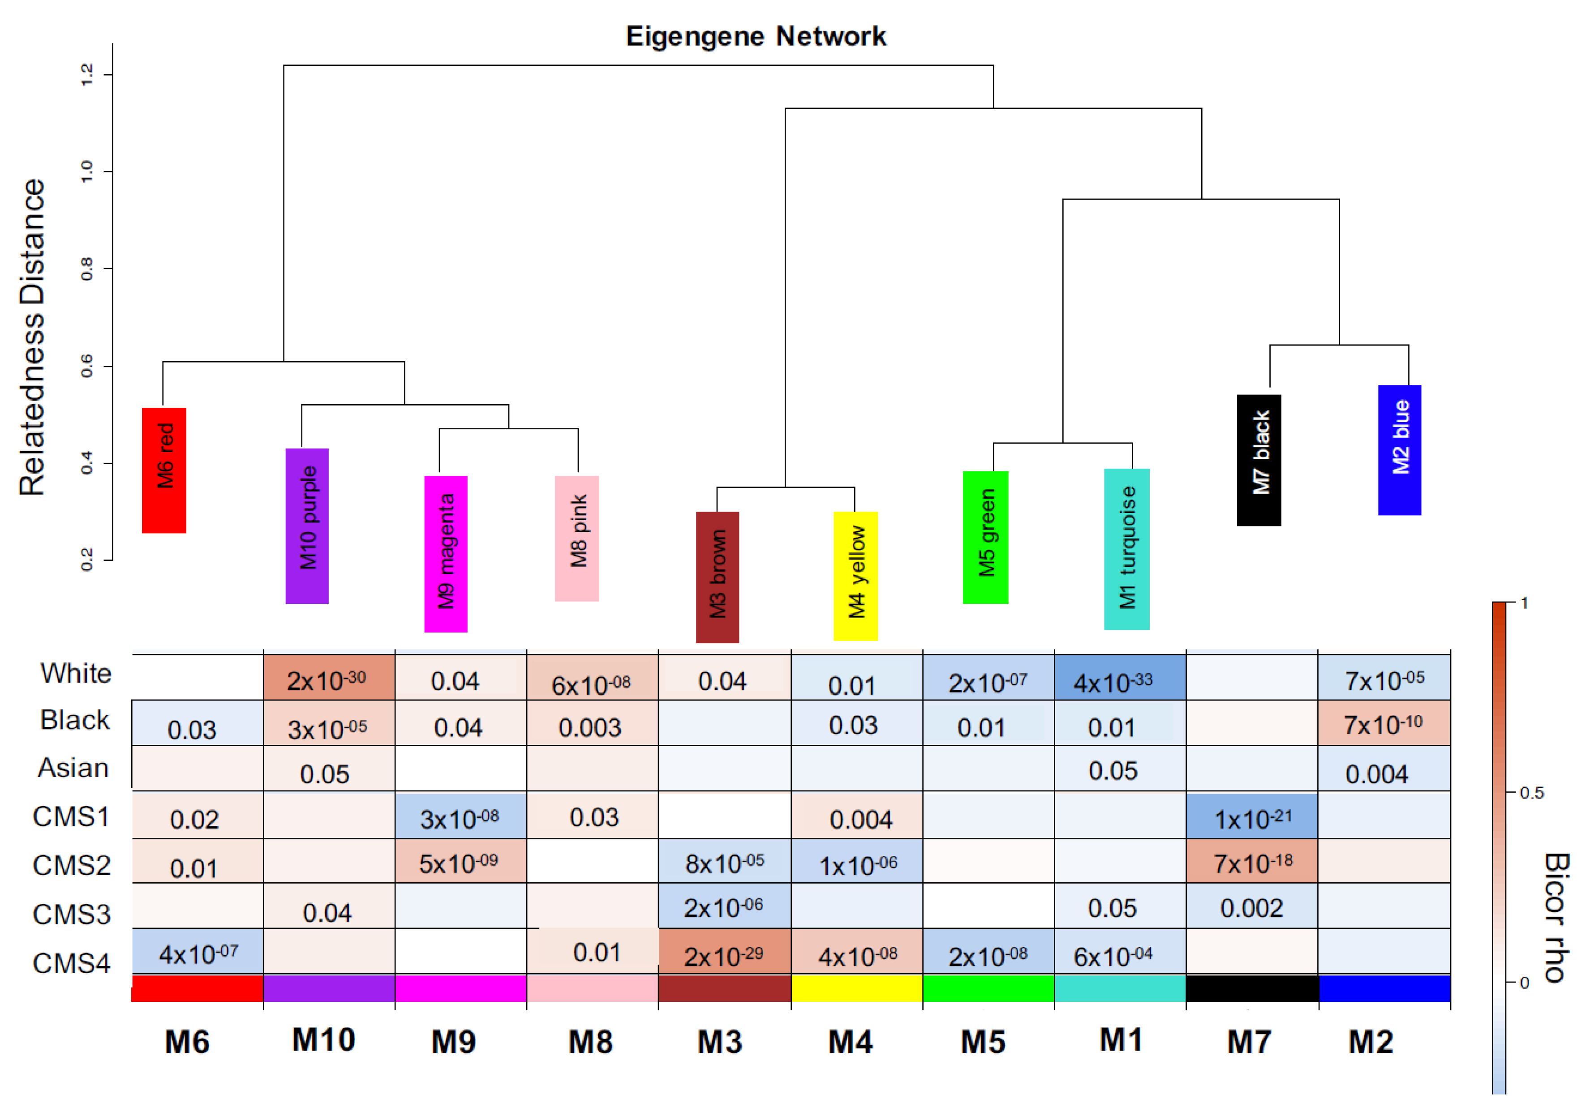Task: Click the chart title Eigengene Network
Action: point(756,36)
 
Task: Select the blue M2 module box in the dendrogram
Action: point(1400,450)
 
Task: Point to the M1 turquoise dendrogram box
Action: point(1127,549)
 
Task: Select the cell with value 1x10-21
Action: point(1252,817)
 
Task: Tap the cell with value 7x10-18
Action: point(1252,862)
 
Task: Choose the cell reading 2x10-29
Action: point(724,954)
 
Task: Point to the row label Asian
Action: point(73,768)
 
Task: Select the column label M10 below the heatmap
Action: point(323,1040)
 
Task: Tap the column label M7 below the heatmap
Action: point(1249,1042)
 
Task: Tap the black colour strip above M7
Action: point(1252,988)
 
